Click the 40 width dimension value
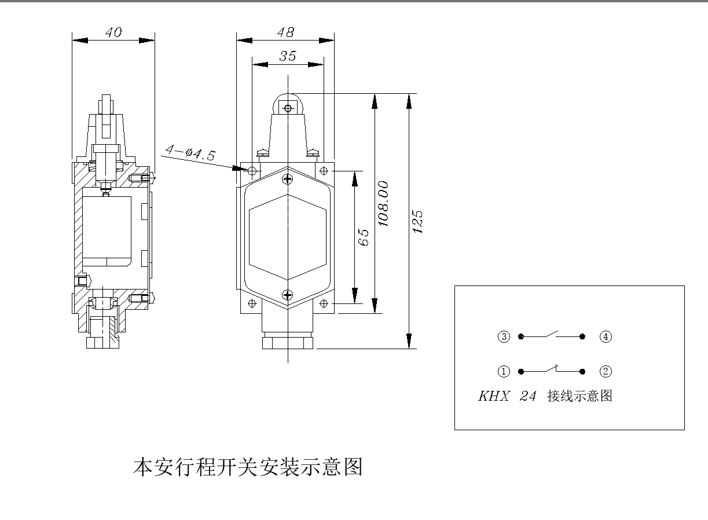coord(113,32)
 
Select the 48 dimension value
coord(285,32)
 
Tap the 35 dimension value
coord(288,56)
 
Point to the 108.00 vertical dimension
coord(383,203)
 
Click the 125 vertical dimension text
coord(417,221)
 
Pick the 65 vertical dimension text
coord(364,237)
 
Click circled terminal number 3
coord(504,336)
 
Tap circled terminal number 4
coord(606,336)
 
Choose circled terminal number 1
coord(504,371)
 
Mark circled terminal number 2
coord(606,371)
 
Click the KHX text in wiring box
coord(494,397)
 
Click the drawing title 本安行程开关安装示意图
coord(248,467)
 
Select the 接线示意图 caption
coord(579,397)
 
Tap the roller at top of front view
coord(288,107)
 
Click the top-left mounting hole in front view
coord(252,171)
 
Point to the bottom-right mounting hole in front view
coord(324,303)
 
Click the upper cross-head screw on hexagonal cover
coord(288,180)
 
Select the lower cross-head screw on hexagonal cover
coord(288,295)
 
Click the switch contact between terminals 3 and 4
coord(552,335)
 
